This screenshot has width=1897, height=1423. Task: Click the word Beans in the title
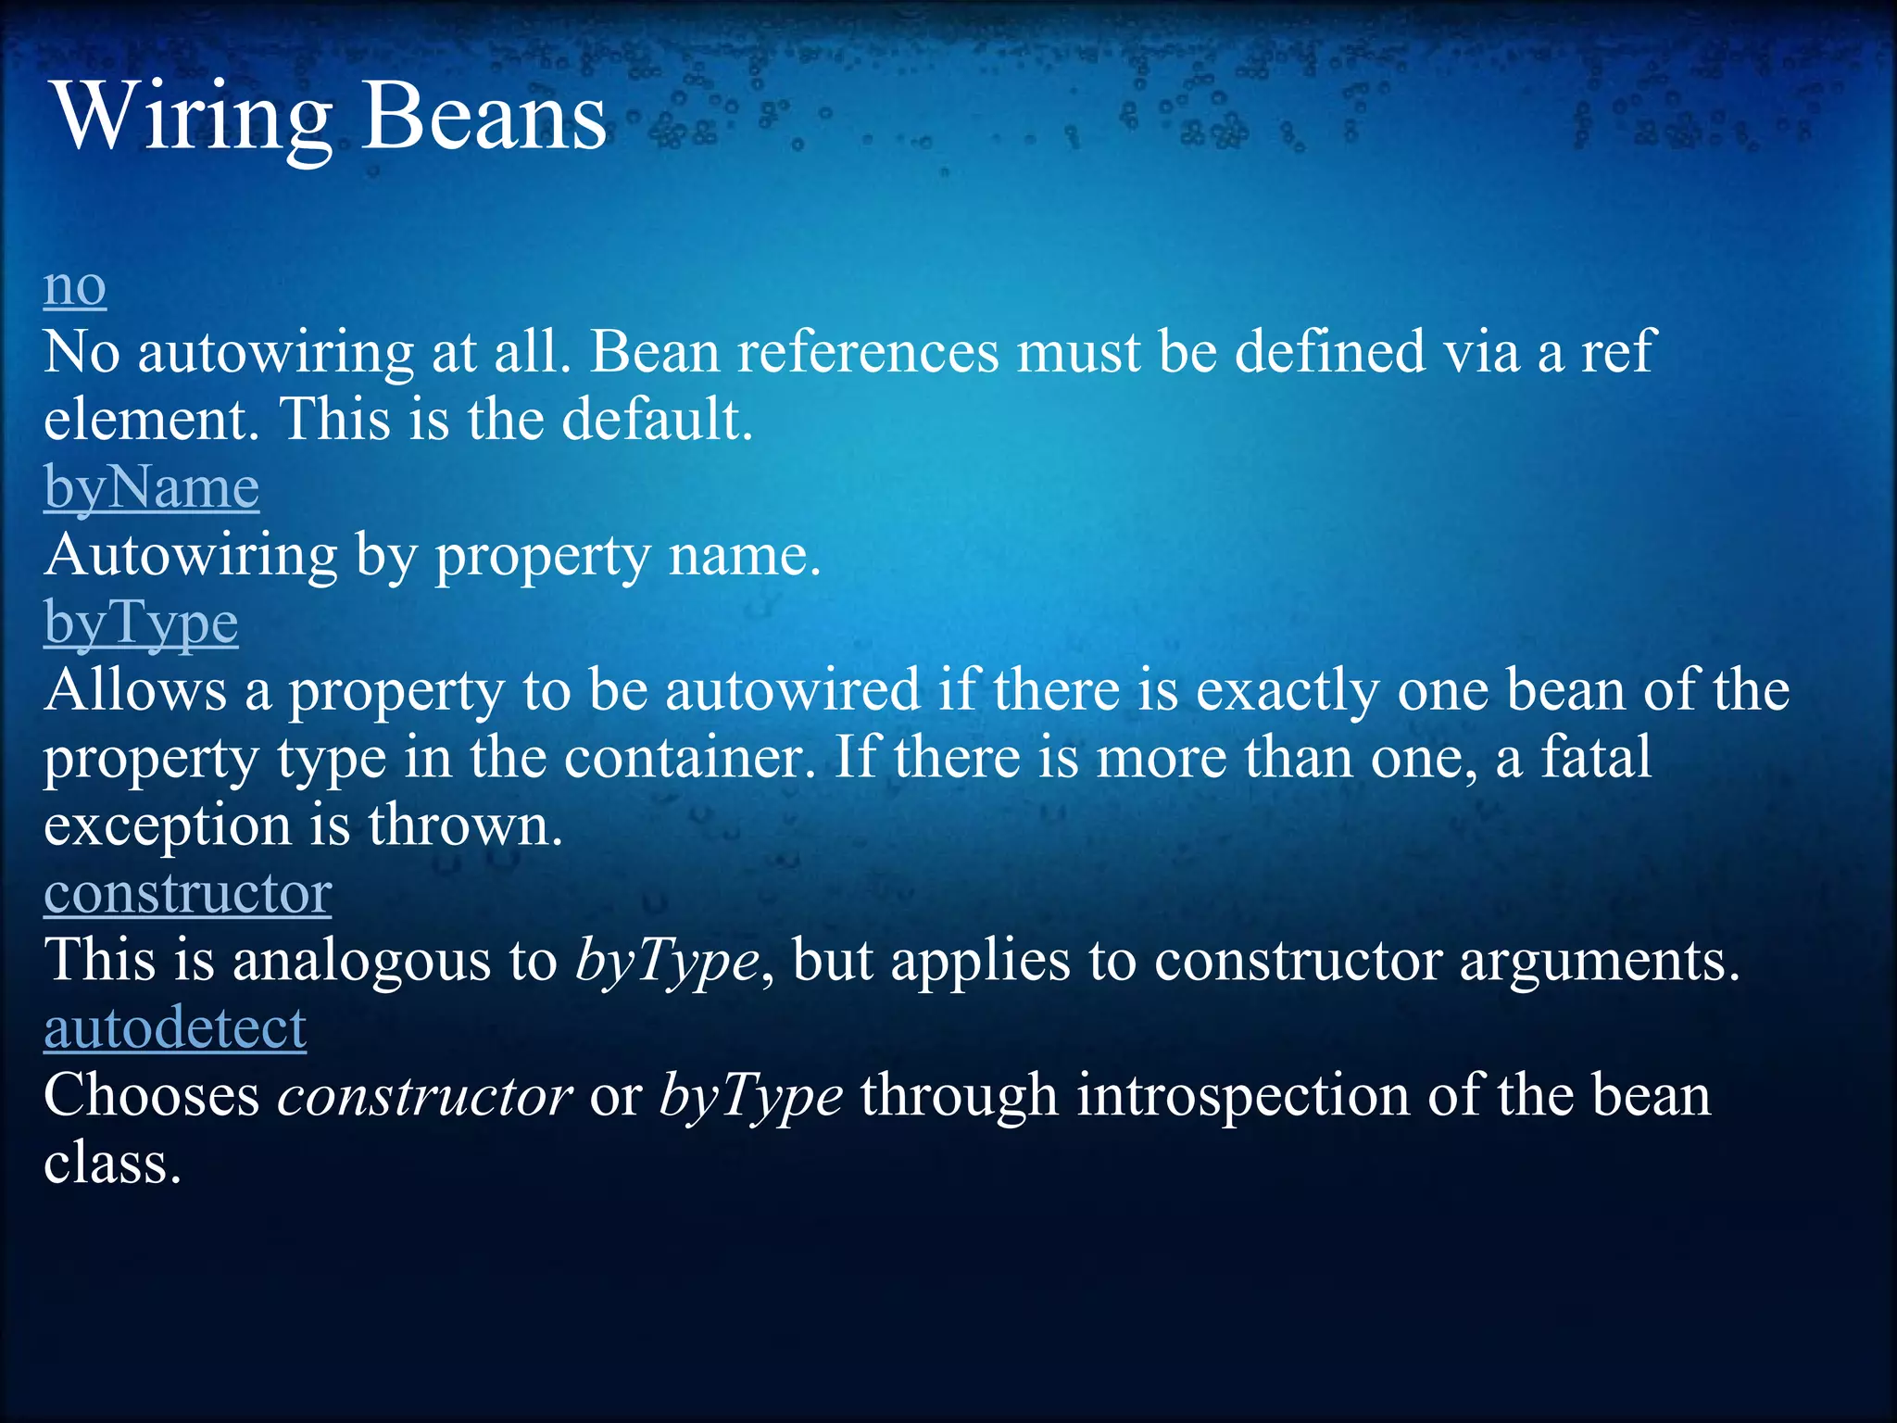click(483, 118)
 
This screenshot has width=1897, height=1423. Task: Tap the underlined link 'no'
click(75, 287)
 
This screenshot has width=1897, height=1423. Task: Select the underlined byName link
click(151, 488)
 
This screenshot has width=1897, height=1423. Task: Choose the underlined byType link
click(141, 623)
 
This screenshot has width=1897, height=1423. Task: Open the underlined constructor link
click(187, 893)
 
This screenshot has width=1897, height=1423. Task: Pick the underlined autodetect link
click(175, 1028)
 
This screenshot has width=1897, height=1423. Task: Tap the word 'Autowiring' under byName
click(191, 556)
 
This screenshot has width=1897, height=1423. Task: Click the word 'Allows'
click(135, 691)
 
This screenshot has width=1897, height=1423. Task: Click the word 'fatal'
click(1595, 758)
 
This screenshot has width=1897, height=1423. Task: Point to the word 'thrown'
click(465, 825)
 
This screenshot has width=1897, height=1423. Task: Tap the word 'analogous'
click(361, 961)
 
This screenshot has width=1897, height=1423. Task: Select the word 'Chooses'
click(152, 1096)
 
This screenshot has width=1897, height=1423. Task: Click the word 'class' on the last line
click(112, 1164)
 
